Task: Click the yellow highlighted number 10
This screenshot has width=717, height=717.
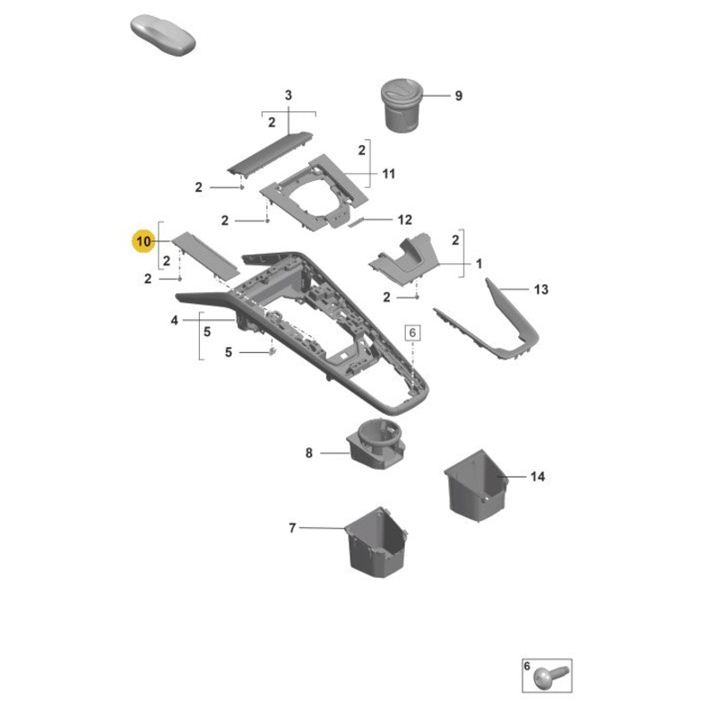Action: (x=143, y=241)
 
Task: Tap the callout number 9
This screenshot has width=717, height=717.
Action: (x=458, y=96)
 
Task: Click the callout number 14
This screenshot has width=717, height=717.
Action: (x=538, y=478)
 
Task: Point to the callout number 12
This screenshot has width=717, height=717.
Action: (x=404, y=220)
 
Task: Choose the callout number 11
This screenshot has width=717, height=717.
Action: (x=388, y=173)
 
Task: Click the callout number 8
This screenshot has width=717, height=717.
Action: (x=309, y=454)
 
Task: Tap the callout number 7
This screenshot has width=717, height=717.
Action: (x=291, y=529)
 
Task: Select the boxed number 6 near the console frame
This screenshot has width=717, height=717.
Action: (x=413, y=332)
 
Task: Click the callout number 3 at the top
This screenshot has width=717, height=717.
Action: (x=289, y=95)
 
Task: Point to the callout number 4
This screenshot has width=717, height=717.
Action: (x=174, y=320)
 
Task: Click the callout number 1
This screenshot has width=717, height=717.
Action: (x=479, y=264)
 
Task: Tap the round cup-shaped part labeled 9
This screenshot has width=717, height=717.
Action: (x=404, y=102)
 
